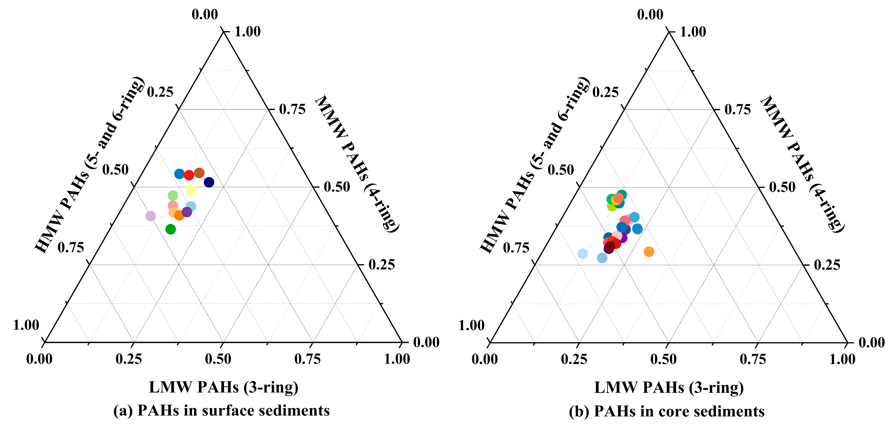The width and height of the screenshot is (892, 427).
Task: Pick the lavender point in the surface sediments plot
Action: pyautogui.click(x=151, y=216)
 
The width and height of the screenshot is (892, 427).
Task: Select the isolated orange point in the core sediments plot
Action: pyautogui.click(x=649, y=252)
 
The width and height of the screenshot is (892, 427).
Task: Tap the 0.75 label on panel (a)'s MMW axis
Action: pyautogui.click(x=292, y=109)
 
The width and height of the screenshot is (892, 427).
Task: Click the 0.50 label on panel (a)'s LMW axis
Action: pyautogui.click(x=218, y=359)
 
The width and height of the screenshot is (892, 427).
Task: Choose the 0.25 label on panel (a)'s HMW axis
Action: pyautogui.click(x=160, y=92)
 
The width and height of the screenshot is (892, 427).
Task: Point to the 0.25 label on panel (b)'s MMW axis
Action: pyautogui.click(x=827, y=265)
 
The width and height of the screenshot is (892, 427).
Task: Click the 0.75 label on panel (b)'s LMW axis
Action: pyautogui.click(x=753, y=359)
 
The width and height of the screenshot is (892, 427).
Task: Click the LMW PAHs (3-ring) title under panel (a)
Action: pyautogui.click(x=223, y=387)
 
